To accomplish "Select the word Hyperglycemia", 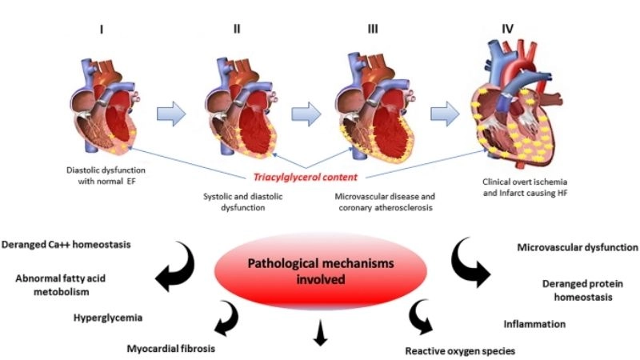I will pyautogui.click(x=106, y=318).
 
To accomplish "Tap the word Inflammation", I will pyautogui.click(x=534, y=324).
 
